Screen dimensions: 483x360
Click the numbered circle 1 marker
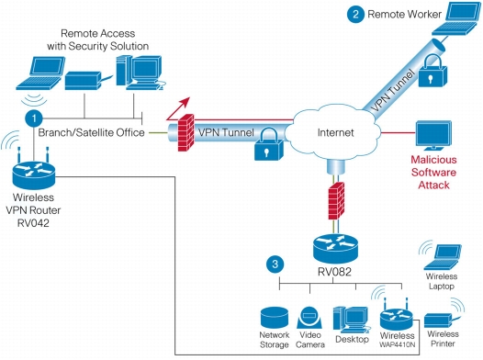pos(34,118)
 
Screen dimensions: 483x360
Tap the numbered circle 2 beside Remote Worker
pos(355,14)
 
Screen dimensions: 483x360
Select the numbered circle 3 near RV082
pos(275,264)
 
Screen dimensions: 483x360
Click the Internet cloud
pos(334,132)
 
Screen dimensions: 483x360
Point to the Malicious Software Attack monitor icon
pos(434,136)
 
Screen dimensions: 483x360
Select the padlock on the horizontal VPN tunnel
pos(268,144)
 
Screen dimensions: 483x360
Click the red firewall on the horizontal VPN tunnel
pos(186,133)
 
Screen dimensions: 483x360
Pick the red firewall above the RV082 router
pos(336,201)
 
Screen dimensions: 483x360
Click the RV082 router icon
pos(336,249)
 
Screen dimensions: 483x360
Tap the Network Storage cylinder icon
pos(275,318)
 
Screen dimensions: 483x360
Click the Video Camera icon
pos(309,318)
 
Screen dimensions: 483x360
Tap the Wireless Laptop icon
pos(443,256)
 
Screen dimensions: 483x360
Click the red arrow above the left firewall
pos(178,108)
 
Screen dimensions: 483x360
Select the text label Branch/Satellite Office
pos(92,133)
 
